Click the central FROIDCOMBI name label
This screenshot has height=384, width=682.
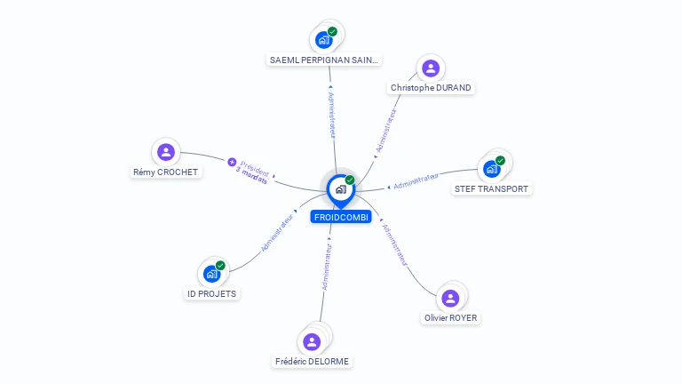click(x=341, y=217)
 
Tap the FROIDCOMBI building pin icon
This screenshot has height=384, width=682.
click(x=340, y=188)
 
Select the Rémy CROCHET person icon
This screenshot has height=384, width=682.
click(x=165, y=152)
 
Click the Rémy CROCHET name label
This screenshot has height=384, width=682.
click(x=166, y=172)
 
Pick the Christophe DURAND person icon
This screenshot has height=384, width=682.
click(x=431, y=68)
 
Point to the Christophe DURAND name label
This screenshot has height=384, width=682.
click(x=431, y=88)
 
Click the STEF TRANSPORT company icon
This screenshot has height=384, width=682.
click(x=492, y=168)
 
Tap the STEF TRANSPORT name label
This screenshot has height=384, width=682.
click(x=491, y=188)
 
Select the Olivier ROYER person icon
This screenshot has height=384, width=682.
click(x=450, y=298)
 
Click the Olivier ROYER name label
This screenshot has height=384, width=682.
click(x=450, y=318)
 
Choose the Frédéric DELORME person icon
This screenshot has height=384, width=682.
click(x=312, y=341)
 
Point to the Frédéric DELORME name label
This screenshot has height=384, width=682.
click(x=312, y=362)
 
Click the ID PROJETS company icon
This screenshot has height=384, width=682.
click(x=211, y=274)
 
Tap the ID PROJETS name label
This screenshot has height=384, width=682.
click(x=212, y=293)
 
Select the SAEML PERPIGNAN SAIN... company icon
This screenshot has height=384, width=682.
click(x=323, y=40)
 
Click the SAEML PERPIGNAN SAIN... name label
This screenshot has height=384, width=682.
click(x=324, y=60)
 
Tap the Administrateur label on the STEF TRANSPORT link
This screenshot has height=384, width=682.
click(x=416, y=182)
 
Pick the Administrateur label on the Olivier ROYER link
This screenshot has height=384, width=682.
click(x=393, y=245)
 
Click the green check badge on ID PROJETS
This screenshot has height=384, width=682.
click(x=220, y=265)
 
